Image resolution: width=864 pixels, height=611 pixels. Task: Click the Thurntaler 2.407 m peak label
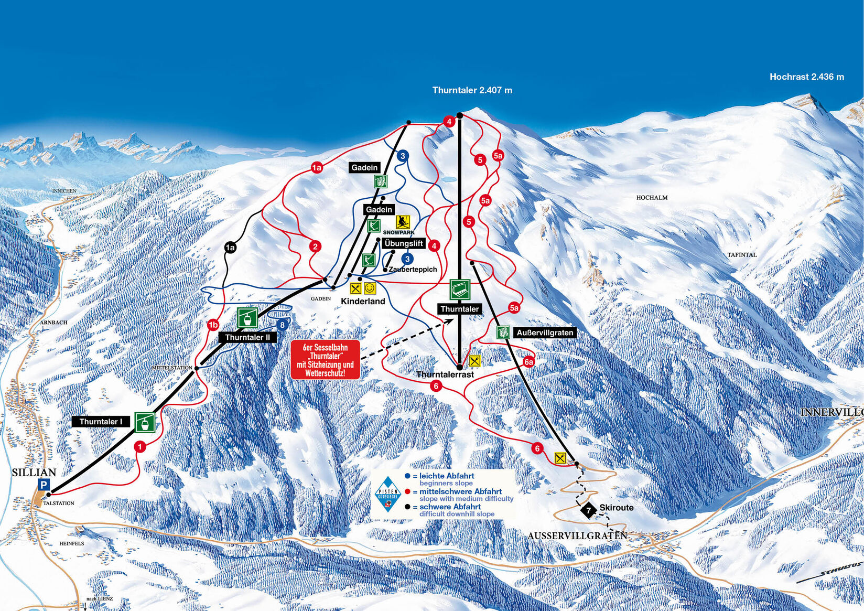472,90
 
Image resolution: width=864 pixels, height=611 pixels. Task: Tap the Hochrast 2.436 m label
806,77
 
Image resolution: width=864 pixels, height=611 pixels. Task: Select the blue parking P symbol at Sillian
44,485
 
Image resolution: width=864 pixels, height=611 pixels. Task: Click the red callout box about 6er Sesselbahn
325,360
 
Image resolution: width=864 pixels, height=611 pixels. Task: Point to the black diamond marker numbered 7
589,510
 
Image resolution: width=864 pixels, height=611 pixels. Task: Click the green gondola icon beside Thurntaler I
145,422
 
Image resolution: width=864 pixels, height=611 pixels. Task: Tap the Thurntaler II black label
247,337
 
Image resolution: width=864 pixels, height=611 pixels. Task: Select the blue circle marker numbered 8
282,325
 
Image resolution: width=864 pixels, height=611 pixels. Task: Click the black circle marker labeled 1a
230,248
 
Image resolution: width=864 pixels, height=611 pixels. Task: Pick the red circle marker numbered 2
315,246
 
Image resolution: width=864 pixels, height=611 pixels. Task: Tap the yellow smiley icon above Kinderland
370,288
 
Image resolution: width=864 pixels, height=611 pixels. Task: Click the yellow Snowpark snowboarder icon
403,222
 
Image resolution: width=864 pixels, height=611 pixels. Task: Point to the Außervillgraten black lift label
544,333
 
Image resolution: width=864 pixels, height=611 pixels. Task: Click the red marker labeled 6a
528,362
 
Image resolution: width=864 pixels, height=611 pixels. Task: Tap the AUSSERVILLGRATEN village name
577,535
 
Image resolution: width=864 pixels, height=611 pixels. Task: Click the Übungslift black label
403,243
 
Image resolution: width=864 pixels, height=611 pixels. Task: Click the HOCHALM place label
652,198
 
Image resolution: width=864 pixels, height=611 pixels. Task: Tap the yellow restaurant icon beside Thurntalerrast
474,361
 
